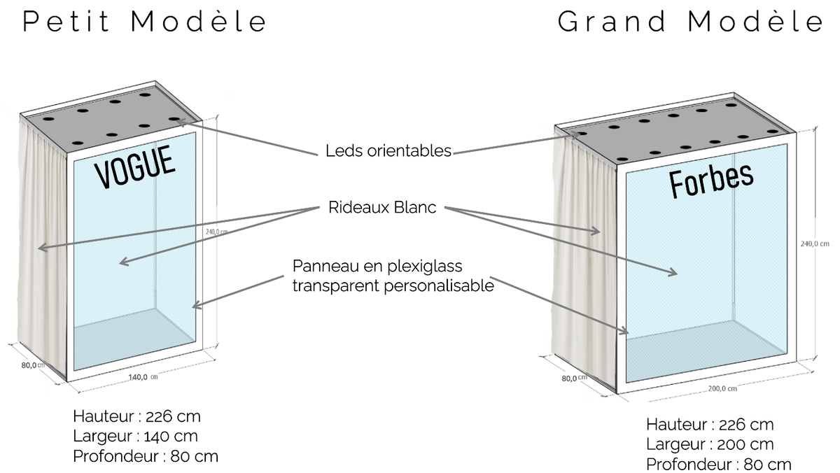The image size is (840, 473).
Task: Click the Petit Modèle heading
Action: [x=145, y=22]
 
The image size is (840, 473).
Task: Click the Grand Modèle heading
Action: [x=691, y=22]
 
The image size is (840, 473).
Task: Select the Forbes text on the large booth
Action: [x=711, y=179]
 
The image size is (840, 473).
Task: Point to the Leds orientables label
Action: [x=388, y=150]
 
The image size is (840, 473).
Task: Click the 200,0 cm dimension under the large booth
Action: [x=722, y=389]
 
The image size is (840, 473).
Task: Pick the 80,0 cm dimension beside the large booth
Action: [x=573, y=378]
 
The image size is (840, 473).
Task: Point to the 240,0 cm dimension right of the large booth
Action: [x=814, y=244]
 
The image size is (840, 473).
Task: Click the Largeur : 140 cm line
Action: [x=135, y=437]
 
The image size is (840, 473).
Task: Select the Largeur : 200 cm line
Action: [x=710, y=444]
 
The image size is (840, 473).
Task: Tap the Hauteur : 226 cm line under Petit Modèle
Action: [x=136, y=416]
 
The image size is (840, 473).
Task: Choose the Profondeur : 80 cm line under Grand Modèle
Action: [x=718, y=464]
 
